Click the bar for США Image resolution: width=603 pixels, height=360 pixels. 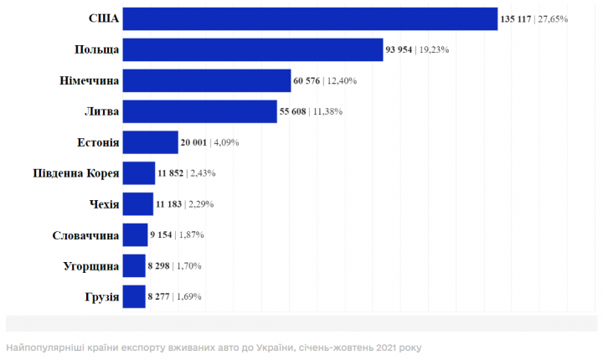coord(310,18)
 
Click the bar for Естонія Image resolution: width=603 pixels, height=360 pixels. coord(151,142)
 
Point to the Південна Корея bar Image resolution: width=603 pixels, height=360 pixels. coord(139,173)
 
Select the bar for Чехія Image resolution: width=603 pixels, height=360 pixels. coord(138,204)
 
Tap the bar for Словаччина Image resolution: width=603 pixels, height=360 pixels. coord(136,235)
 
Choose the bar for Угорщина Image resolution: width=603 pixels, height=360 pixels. coord(134,266)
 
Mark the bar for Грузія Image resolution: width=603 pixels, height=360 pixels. coord(134,296)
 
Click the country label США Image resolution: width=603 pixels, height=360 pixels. coord(104,18)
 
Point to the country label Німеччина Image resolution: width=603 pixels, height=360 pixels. coord(86,80)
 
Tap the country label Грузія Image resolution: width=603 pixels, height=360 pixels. coord(100,296)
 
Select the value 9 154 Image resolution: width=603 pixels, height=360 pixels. coord(161,235)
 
